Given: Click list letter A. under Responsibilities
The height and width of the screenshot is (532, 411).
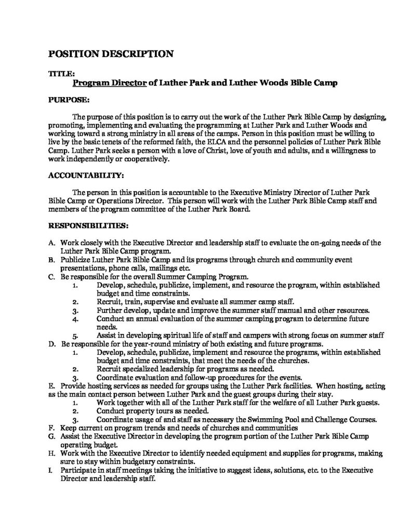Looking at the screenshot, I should coord(52,243).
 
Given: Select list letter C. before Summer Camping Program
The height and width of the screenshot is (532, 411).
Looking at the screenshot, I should coord(52,278).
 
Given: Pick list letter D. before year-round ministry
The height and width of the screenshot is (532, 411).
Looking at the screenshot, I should coord(52,344).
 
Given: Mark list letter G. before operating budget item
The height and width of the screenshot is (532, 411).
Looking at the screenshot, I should coord(52,438).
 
